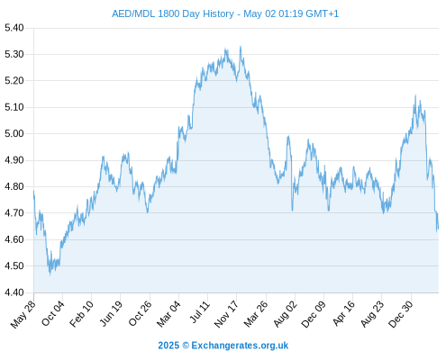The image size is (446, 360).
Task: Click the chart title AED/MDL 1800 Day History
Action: click(x=173, y=13)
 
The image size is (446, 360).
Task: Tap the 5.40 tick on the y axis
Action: click(x=14, y=28)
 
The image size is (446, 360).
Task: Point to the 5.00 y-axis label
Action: click(x=14, y=133)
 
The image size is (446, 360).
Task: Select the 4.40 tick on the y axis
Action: click(x=14, y=292)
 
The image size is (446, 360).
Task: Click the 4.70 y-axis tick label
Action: click(x=14, y=213)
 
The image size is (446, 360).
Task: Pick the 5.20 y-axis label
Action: click(x=14, y=81)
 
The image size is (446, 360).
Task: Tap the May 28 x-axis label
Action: click(x=23, y=314)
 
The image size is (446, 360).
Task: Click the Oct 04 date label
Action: click(x=53, y=313)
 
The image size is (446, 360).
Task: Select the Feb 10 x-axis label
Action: click(x=81, y=314)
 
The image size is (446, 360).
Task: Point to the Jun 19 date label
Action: click(x=111, y=313)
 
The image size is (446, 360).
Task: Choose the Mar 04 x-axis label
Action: click(x=168, y=314)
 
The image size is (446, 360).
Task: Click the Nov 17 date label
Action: click(x=226, y=314)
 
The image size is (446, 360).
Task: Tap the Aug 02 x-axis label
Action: click(x=286, y=313)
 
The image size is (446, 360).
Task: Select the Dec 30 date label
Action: click(x=401, y=314)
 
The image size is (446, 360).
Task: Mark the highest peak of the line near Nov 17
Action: click(x=241, y=47)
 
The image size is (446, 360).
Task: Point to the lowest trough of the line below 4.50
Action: click(x=50, y=274)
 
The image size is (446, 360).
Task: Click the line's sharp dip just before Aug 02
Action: click(x=292, y=211)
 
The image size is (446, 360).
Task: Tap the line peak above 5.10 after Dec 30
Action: click(x=415, y=95)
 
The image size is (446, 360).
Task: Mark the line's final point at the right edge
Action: click(x=438, y=228)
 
